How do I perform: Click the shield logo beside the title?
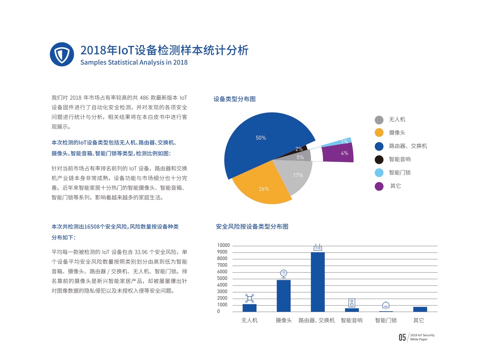pos(62,54)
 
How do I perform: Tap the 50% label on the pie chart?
pos(261,138)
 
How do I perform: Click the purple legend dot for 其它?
pos(379,186)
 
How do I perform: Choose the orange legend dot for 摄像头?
pos(379,133)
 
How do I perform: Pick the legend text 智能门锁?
pos(400,173)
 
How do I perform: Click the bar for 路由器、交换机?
pos(318,282)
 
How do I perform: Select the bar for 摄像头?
pos(284,296)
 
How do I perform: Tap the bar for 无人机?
pos(249,308)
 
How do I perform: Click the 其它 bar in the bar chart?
pos(420,309)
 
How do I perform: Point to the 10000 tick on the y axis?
pos(223,245)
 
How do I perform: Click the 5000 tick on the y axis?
pos(222,278)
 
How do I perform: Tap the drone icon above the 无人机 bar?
pos(249,298)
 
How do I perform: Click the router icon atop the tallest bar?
pos(318,248)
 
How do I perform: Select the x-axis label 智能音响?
pos(352,321)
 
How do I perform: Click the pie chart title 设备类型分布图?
pos(234,99)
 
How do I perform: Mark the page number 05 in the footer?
pos(402,337)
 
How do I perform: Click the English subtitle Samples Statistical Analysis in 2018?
pos(134,62)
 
